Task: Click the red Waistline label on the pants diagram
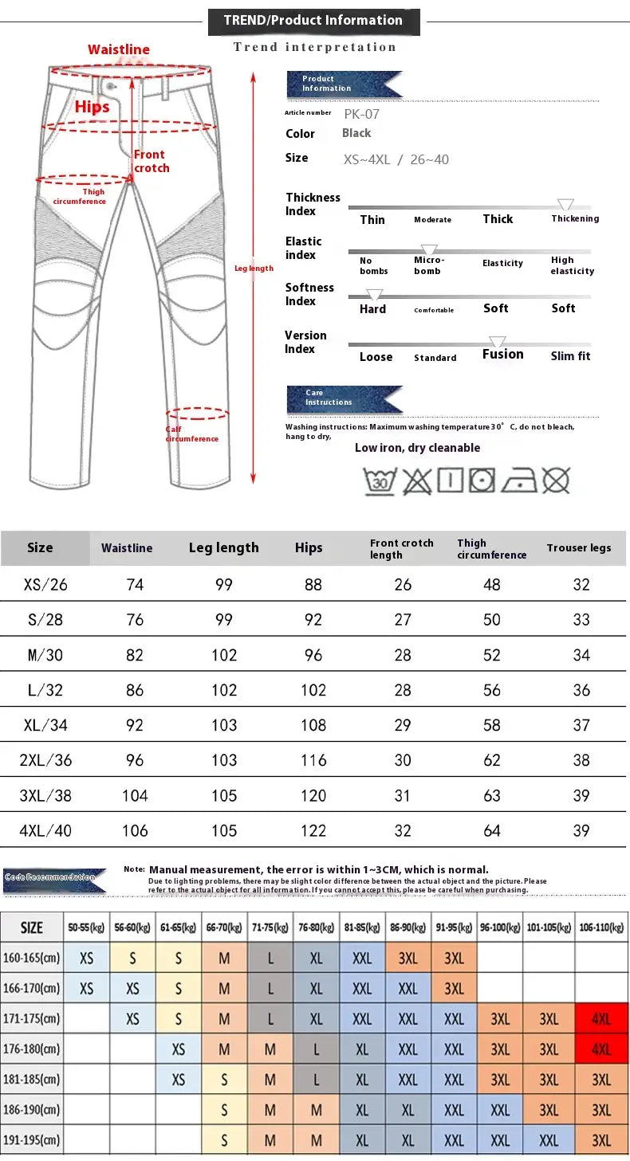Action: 119,49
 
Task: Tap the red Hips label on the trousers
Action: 92,107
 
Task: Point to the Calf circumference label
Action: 191,434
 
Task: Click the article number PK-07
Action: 362,114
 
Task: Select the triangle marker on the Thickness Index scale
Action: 565,205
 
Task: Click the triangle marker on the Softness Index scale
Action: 374,295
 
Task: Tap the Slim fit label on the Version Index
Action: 570,356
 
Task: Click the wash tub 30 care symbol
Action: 380,480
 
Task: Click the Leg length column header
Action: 223,547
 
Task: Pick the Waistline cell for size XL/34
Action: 135,725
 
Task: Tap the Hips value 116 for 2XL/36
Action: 313,760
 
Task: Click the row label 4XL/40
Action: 45,830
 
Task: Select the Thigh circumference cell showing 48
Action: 492,585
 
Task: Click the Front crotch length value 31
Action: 403,795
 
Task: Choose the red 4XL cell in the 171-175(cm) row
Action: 601,1019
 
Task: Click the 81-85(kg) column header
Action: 363,928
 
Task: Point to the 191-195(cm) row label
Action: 32,1139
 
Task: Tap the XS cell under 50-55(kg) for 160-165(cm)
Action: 87,958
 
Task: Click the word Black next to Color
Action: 356,133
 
